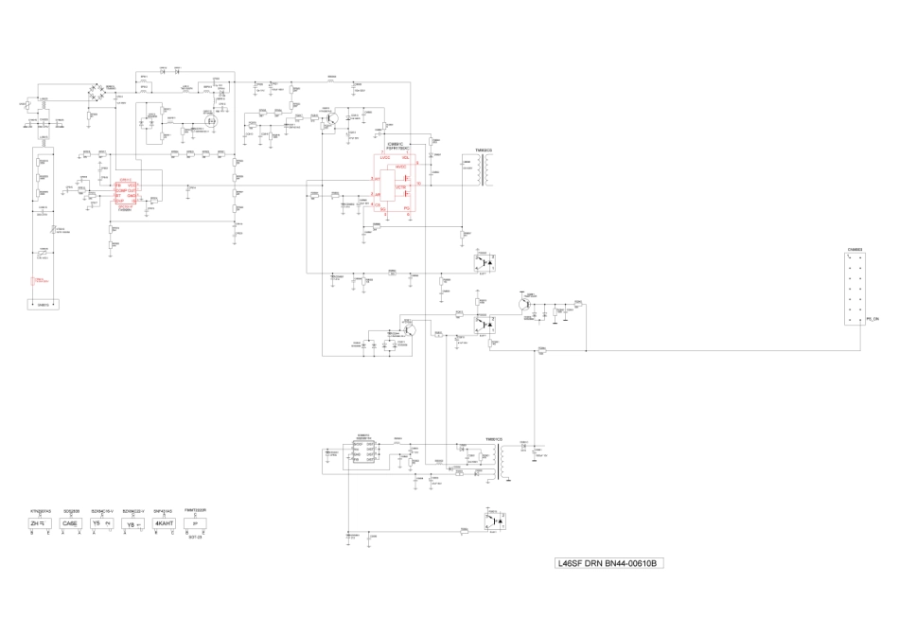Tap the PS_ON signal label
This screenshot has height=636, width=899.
[873, 322]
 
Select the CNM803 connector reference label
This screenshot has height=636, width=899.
[855, 250]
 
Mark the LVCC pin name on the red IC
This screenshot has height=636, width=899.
[385, 158]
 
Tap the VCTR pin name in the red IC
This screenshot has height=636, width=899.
[400, 187]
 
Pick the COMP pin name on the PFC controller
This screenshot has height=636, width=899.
[121, 190]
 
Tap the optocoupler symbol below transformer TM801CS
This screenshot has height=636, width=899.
[494, 520]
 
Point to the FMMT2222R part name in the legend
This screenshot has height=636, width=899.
[196, 509]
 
